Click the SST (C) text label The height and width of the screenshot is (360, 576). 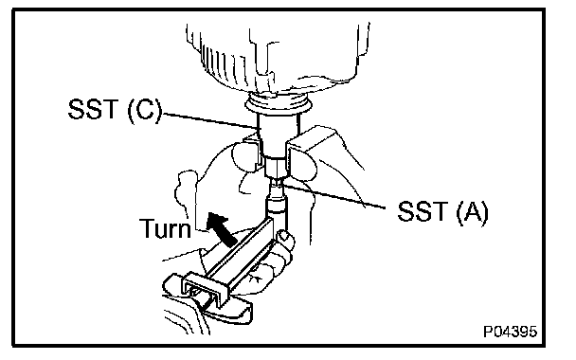tap(115, 110)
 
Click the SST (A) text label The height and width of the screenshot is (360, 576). tap(443, 211)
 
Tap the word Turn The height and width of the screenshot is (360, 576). tap(165, 227)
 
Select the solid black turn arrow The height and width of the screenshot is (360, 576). tap(222, 229)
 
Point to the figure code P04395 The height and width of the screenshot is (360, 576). tap(511, 332)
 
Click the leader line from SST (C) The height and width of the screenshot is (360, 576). tap(209, 121)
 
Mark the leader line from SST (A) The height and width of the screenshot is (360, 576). tap(333, 197)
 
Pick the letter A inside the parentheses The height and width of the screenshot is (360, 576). tap(472, 211)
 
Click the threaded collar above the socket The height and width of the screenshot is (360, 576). tap(279, 101)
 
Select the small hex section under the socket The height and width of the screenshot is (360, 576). tap(277, 167)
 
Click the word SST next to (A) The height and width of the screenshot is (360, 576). tap(422, 211)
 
